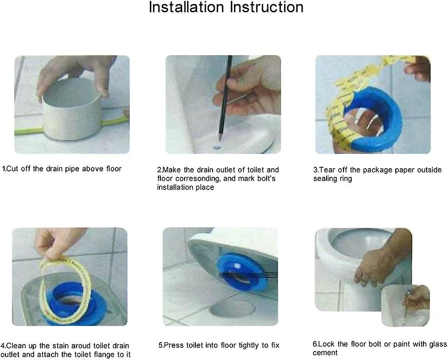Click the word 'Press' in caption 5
[x=174, y=345]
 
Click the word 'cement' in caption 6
[x=325, y=353]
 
